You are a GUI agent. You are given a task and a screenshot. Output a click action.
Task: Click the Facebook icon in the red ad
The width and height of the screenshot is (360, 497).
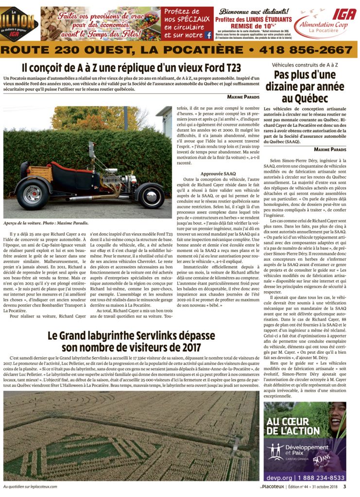(x=208, y=35)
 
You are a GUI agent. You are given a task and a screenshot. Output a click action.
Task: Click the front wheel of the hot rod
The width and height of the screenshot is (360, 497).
(x=150, y=195)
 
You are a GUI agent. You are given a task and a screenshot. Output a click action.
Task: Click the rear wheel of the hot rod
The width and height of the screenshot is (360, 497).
(x=33, y=194)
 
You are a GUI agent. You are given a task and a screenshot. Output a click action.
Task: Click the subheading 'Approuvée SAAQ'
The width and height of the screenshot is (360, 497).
(x=218, y=173)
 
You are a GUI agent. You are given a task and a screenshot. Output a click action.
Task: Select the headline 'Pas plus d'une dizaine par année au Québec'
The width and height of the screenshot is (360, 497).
(x=305, y=86)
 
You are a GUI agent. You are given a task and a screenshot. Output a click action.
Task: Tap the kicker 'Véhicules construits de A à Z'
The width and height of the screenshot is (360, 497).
(x=305, y=64)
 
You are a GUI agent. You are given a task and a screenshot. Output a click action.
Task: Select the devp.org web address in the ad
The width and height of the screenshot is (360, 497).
(x=281, y=478)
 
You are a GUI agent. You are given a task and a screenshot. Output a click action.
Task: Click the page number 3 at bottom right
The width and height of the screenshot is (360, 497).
(x=344, y=486)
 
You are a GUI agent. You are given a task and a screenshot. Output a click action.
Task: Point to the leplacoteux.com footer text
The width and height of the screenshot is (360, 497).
(x=30, y=486)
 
